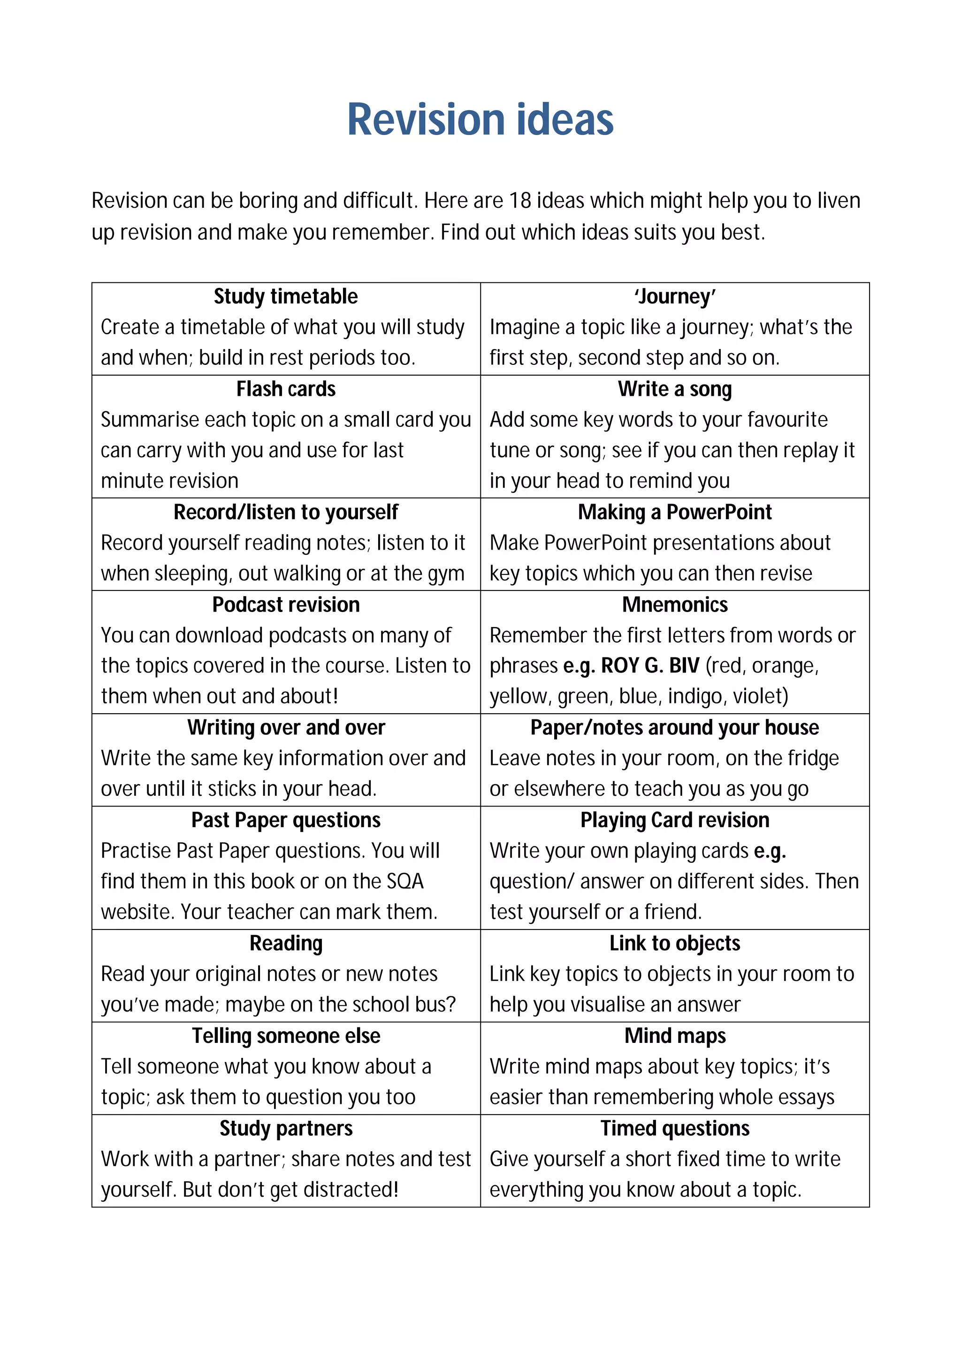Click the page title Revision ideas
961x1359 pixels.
click(x=480, y=120)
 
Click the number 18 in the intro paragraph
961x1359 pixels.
click(x=520, y=201)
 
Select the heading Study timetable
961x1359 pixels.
click(x=285, y=296)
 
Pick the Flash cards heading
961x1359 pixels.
click(x=285, y=389)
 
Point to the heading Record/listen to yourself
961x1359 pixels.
click(x=285, y=512)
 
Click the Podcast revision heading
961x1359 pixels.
click(x=285, y=604)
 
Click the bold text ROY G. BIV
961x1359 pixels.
click(x=649, y=666)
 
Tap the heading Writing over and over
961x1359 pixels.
click(x=285, y=727)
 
